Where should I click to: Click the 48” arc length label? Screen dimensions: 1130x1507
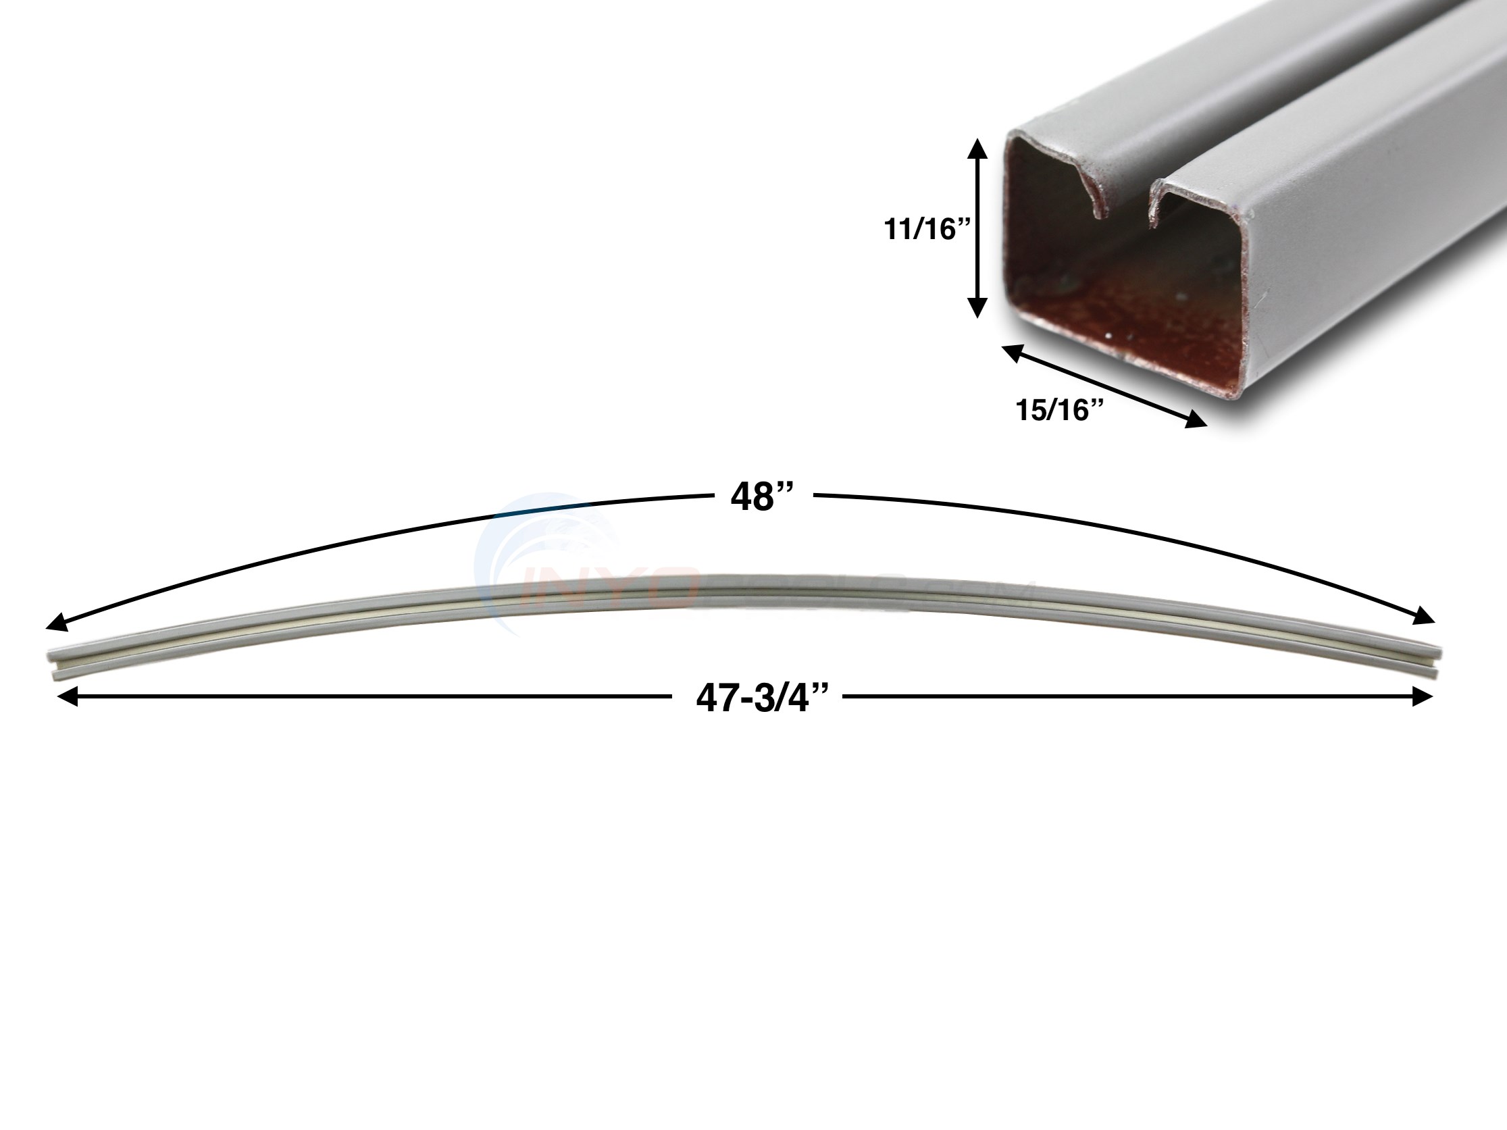[763, 497]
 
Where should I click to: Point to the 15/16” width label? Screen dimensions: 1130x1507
[1059, 410]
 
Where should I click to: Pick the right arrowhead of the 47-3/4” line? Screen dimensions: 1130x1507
[1423, 697]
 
